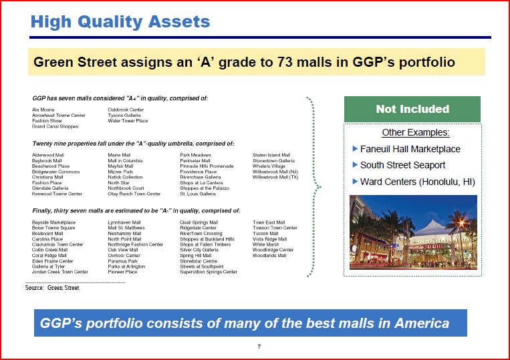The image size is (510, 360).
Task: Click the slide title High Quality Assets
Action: click(x=120, y=22)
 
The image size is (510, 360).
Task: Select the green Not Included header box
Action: click(x=412, y=109)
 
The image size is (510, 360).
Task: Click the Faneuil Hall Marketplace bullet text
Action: click(x=410, y=149)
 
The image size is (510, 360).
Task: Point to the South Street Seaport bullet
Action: click(x=402, y=165)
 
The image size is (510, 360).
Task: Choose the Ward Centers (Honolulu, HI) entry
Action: click(x=418, y=182)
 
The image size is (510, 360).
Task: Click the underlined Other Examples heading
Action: click(x=416, y=132)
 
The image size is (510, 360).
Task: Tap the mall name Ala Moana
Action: click(x=43, y=110)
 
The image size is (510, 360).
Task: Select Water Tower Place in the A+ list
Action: click(x=128, y=121)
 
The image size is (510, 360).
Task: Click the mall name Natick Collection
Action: click(x=125, y=177)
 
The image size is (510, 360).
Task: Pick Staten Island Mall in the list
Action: click(x=271, y=155)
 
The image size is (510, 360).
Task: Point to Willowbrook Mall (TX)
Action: click(x=275, y=177)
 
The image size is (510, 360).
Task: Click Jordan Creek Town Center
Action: click(x=60, y=272)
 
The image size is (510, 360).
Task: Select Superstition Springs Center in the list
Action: click(x=209, y=272)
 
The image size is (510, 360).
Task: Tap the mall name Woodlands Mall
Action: click(x=269, y=256)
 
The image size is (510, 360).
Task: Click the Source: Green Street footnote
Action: click(x=53, y=288)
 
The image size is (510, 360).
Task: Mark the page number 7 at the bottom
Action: click(x=259, y=347)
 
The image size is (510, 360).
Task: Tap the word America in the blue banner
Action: click(x=422, y=323)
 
